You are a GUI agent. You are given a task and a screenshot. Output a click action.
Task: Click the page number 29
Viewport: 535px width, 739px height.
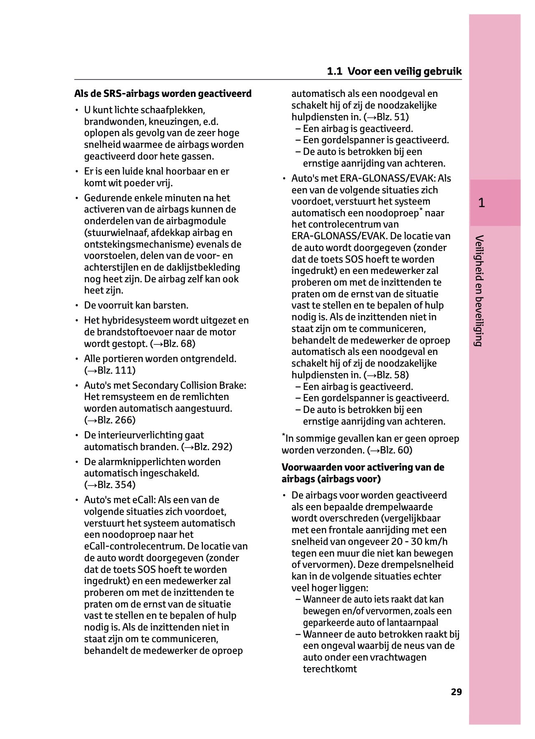click(x=456, y=692)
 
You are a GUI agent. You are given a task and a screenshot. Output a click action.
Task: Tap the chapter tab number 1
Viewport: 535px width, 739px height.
click(x=482, y=203)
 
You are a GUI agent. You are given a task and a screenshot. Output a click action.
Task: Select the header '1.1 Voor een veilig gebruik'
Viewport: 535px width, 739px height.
click(x=394, y=71)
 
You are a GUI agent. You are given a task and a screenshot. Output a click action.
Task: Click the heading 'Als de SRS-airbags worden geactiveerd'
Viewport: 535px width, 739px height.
click(x=163, y=94)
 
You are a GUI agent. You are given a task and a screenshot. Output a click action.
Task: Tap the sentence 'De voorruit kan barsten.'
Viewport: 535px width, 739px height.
click(x=136, y=305)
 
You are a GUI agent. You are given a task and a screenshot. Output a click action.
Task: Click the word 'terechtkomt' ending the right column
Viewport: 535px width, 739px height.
click(x=330, y=669)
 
